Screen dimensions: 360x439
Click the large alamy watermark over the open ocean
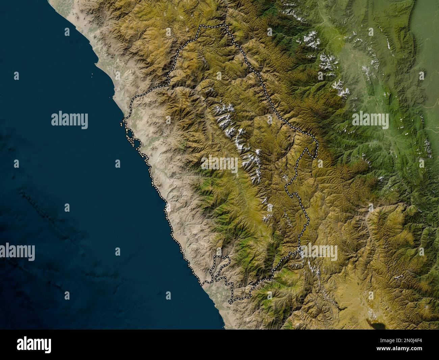pos(70,120)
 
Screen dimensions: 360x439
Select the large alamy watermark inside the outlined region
pos(219,164)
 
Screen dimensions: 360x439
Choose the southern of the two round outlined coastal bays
pos(135,143)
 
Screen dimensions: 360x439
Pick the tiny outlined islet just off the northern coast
pos(121,125)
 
